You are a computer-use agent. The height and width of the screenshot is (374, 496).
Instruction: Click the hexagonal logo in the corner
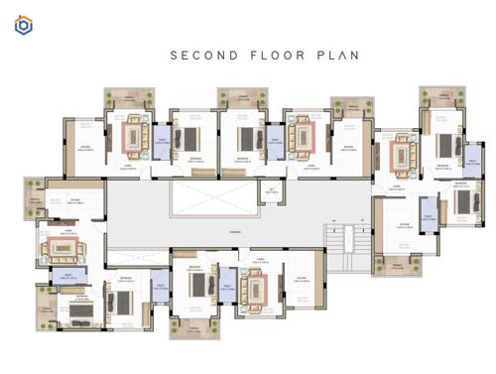tap(23, 25)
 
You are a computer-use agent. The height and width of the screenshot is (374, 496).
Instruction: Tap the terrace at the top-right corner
tap(440, 97)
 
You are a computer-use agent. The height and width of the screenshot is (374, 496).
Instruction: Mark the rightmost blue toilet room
tap(473, 160)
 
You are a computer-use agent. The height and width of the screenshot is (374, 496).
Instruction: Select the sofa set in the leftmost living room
tap(58, 244)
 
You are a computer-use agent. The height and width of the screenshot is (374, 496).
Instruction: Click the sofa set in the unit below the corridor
tap(253, 288)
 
